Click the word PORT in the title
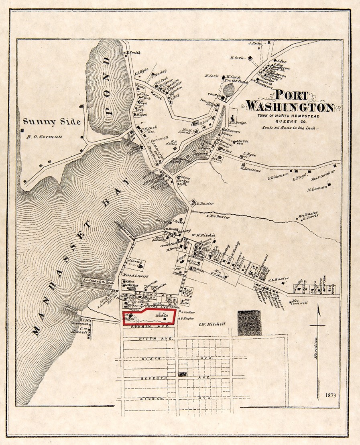pos(291,96)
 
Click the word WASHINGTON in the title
pos(290,107)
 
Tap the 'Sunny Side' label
pos(51,122)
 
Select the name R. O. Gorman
pos(44,136)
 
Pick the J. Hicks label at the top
pos(255,43)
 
